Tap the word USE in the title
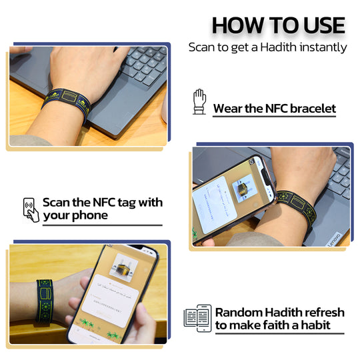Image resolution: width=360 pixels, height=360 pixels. click(x=319, y=26)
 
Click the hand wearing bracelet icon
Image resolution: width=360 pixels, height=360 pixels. click(x=199, y=101)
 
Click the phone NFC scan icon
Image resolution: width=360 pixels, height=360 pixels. click(x=31, y=208)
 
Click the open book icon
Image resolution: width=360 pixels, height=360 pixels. click(x=198, y=318)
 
